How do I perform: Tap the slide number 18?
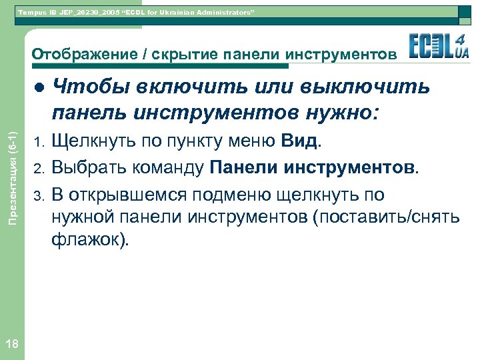tap(11, 343)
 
